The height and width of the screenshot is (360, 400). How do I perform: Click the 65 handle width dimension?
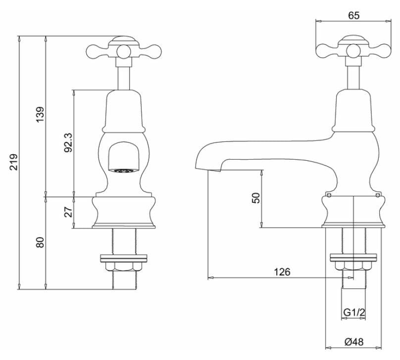pyautogui.click(x=353, y=15)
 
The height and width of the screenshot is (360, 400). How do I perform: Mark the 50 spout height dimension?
pyautogui.click(x=255, y=198)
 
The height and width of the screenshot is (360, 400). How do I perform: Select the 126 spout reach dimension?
pyautogui.click(x=282, y=271)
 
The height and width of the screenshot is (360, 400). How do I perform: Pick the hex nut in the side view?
pyautogui.click(x=353, y=267)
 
